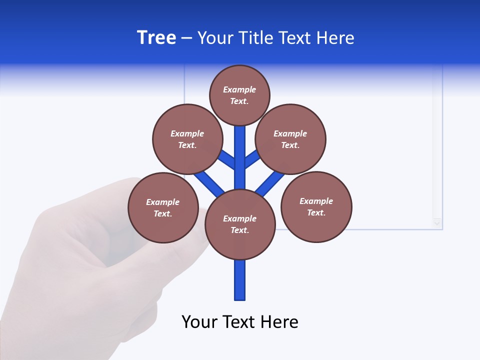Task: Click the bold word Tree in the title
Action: click(156, 38)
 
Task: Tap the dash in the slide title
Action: click(186, 38)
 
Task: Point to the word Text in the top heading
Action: click(295, 38)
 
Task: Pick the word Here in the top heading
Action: click(335, 38)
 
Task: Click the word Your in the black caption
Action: click(199, 322)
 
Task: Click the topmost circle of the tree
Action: click(239, 95)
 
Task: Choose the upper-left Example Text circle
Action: click(187, 139)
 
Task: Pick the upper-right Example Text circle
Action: click(290, 139)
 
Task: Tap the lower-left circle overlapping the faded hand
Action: click(163, 207)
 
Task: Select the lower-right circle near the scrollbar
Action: click(316, 207)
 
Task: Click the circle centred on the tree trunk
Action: click(240, 224)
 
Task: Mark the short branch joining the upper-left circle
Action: click(226, 159)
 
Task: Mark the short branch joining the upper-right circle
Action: click(253, 158)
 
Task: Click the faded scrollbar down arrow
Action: click(437, 223)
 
